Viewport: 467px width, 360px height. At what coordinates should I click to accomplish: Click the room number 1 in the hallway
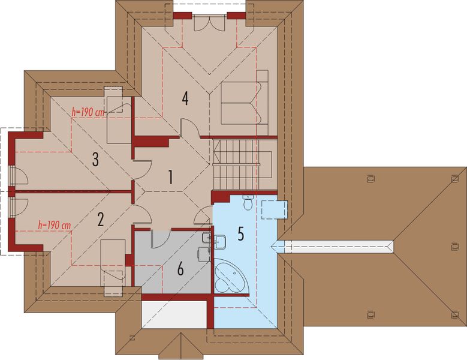pyautogui.click(x=170, y=177)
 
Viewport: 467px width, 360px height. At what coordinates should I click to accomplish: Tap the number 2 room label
pyautogui.click(x=100, y=218)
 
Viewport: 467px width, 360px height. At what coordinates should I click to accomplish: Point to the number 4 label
pyautogui.click(x=186, y=98)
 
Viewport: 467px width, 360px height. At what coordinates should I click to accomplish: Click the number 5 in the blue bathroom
pyautogui.click(x=240, y=234)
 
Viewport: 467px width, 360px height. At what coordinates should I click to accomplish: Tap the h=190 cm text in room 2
pyautogui.click(x=54, y=225)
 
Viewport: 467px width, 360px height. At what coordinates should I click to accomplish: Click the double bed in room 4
pyautogui.click(x=244, y=103)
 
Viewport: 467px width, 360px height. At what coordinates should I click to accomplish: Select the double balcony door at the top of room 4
pyautogui.click(x=209, y=22)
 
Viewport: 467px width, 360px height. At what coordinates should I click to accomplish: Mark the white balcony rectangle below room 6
pyautogui.click(x=174, y=314)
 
